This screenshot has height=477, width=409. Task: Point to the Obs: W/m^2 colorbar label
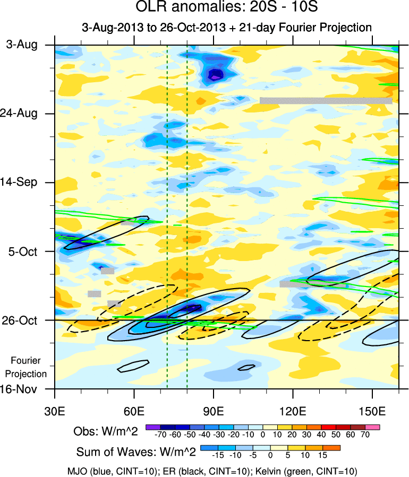(106, 431)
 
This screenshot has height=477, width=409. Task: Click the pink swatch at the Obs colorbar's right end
(375, 426)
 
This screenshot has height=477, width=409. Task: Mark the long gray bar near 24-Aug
(326, 100)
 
